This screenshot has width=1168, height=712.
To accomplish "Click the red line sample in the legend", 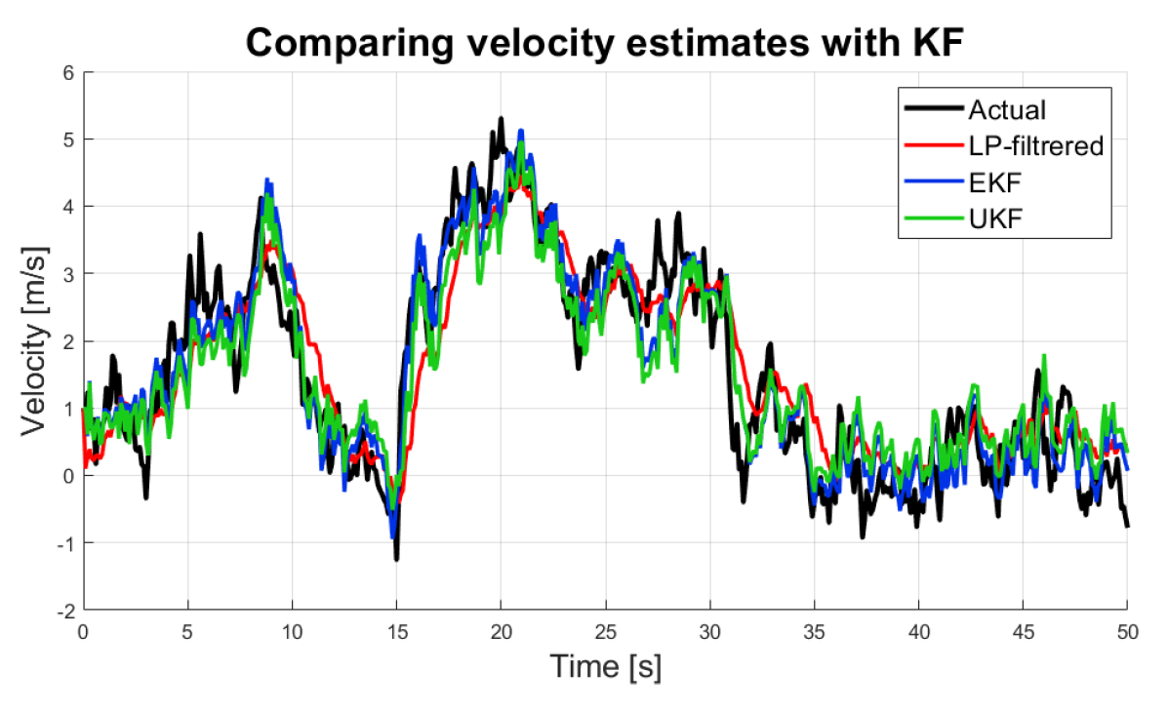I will pyautogui.click(x=933, y=146).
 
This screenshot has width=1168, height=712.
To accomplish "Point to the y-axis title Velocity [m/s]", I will pyautogui.click(x=36, y=340).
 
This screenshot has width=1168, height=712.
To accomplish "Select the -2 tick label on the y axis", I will pyautogui.click(x=63, y=611).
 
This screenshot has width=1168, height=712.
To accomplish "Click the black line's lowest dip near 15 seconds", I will pyautogui.click(x=396, y=558).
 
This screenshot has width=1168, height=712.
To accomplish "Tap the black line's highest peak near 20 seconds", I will pyautogui.click(x=501, y=119).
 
